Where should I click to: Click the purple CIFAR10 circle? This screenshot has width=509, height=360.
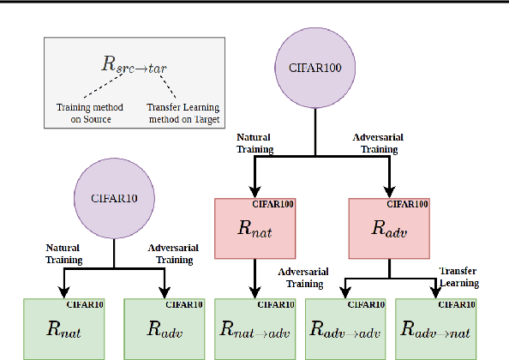[114, 197]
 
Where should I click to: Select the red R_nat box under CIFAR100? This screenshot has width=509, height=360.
[254, 228]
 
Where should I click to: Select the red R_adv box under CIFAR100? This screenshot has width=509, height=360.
[388, 228]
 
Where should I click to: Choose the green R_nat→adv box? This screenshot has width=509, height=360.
[255, 328]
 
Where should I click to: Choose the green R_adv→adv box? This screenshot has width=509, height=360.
[345, 328]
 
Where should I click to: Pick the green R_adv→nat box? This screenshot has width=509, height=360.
[435, 328]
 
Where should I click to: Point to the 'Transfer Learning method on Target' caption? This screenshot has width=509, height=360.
[182, 113]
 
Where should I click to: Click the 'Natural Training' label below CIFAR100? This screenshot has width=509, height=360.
[254, 143]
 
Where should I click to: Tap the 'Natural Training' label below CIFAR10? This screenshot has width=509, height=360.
[64, 254]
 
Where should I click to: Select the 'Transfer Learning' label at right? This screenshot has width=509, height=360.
[459, 276]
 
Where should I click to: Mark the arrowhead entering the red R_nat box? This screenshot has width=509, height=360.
[255, 193]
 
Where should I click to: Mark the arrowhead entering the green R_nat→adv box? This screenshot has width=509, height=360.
[255, 293]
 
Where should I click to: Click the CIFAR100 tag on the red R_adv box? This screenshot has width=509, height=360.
[409, 204]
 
